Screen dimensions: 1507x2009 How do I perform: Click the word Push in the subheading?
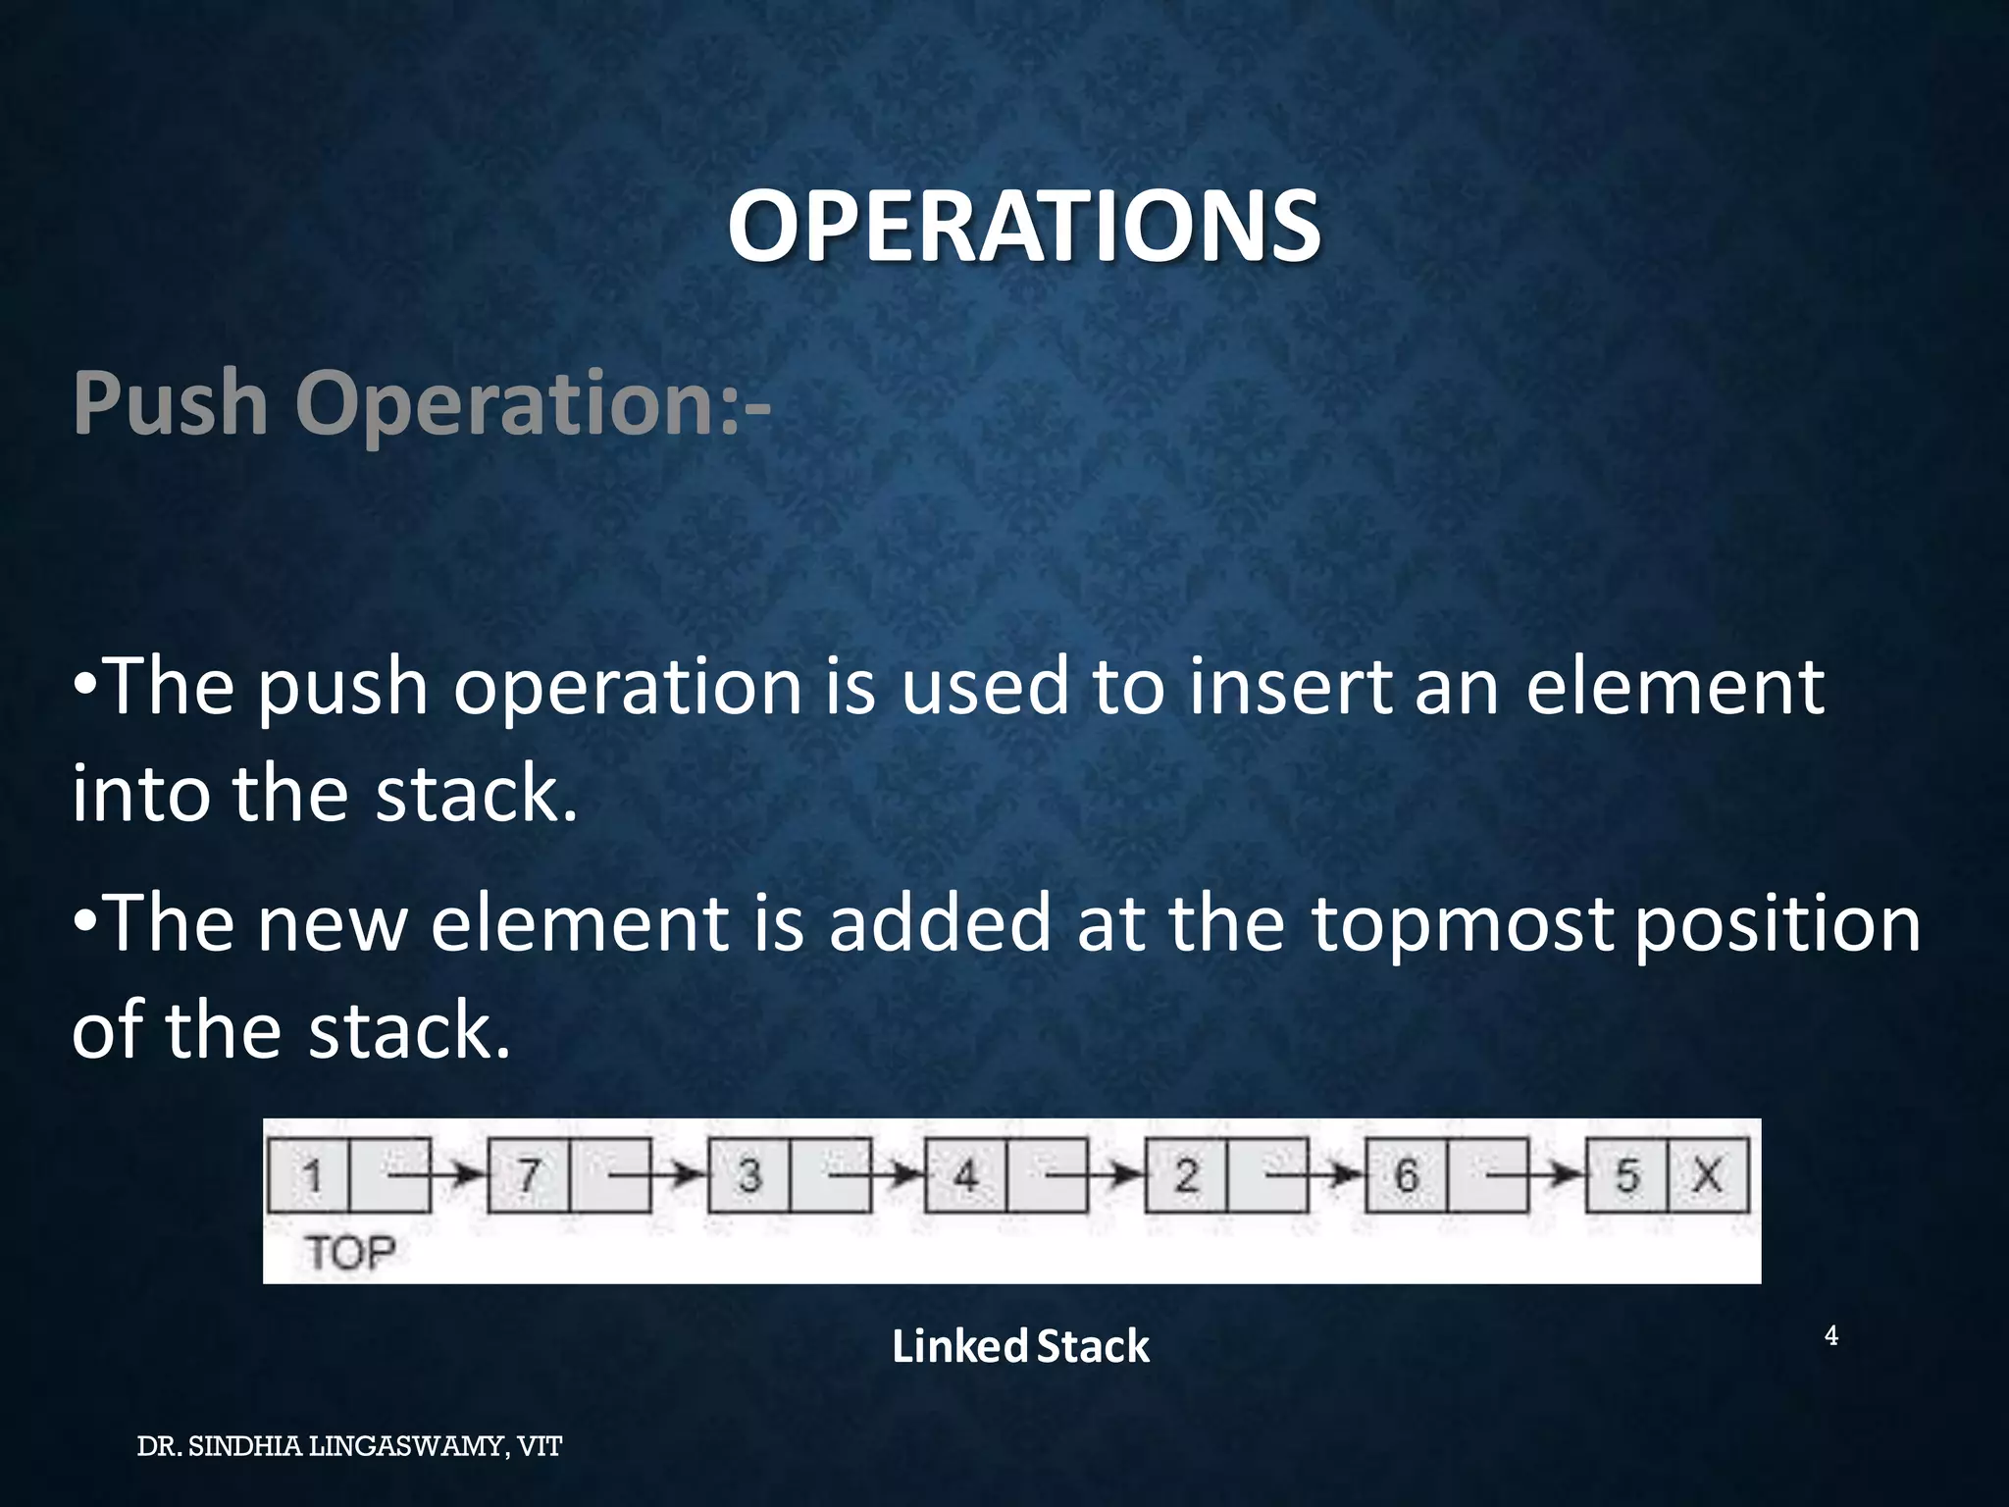click(170, 403)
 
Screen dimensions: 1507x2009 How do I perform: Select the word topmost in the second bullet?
click(1462, 923)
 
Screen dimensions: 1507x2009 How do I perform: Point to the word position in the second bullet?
click(1777, 925)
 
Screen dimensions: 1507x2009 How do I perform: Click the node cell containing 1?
click(310, 1174)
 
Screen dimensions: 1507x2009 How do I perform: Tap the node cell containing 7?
click(529, 1174)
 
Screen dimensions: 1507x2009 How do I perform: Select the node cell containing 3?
click(749, 1174)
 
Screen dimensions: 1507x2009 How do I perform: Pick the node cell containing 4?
click(966, 1174)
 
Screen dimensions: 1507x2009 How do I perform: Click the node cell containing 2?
click(1186, 1174)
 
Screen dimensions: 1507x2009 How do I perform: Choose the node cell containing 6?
click(1407, 1174)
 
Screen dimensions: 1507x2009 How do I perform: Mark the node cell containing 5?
click(1626, 1174)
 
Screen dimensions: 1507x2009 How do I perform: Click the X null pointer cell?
click(1708, 1174)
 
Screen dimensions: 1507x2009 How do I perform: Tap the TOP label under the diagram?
click(350, 1253)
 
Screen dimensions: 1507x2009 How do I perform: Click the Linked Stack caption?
click(1020, 1346)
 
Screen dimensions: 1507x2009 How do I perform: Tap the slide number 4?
click(1830, 1335)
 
